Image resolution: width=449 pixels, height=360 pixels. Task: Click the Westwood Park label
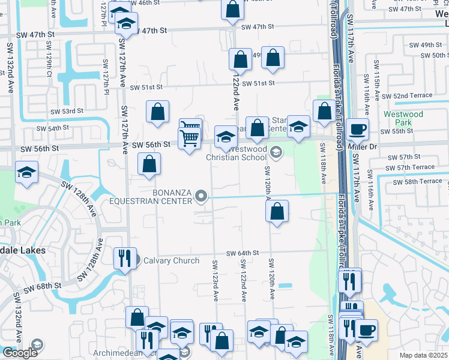(x=403, y=118)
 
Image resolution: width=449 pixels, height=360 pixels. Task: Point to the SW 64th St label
(x=242, y=254)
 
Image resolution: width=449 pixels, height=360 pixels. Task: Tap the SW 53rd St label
(x=67, y=112)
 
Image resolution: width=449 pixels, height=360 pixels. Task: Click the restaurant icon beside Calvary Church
(x=125, y=258)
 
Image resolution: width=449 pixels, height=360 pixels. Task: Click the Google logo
(x=19, y=353)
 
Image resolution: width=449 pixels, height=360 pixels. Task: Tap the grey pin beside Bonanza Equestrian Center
(x=202, y=196)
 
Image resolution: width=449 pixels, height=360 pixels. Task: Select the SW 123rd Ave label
(x=215, y=281)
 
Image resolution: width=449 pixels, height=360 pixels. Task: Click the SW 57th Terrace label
(x=411, y=167)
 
